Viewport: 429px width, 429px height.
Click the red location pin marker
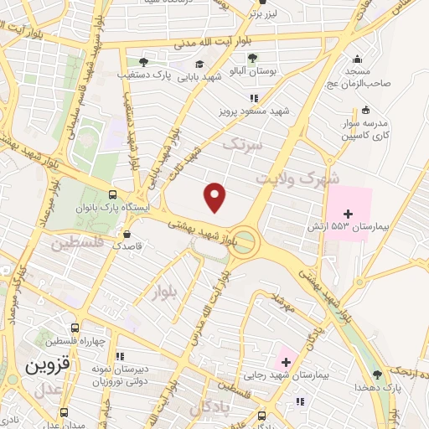point(216,197)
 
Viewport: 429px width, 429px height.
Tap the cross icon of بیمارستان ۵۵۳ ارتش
point(349,214)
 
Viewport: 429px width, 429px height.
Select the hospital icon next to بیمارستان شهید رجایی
point(287,363)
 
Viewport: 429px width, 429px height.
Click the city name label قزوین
point(43,366)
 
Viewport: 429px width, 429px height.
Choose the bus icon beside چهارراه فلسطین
point(75,328)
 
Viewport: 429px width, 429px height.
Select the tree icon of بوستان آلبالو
point(252,58)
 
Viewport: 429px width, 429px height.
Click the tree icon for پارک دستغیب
point(143,62)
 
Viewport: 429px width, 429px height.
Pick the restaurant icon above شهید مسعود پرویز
point(255,98)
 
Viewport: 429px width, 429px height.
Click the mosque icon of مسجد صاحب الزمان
point(358,59)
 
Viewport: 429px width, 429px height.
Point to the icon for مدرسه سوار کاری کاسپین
point(365,110)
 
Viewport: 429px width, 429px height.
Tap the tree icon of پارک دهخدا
point(376,374)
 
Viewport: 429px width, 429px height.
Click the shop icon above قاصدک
point(127,235)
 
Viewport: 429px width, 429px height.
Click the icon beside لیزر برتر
point(255,13)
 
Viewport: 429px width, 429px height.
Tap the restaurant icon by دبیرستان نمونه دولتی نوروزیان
point(120,355)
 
